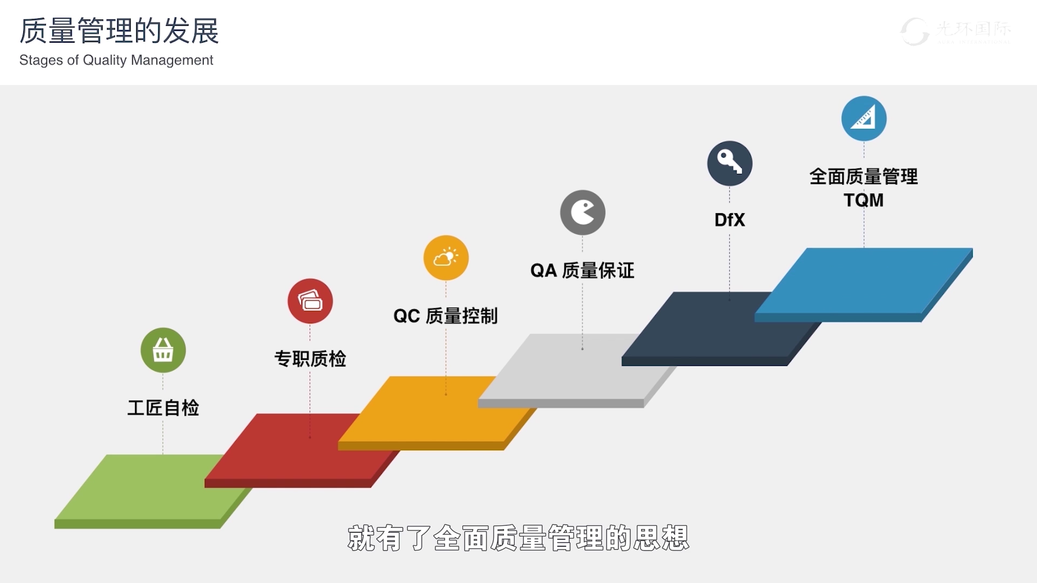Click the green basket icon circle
[163, 350]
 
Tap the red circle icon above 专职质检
[310, 301]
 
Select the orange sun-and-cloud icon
[446, 257]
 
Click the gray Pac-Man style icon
[582, 212]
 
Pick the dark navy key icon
[730, 163]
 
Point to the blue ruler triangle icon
[864, 118]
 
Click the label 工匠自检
[163, 408]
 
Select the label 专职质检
[310, 358]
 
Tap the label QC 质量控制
[446, 316]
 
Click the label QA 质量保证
[582, 270]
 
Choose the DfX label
[730, 220]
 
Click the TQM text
[864, 200]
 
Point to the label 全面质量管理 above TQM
[864, 177]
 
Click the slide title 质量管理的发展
[119, 31]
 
